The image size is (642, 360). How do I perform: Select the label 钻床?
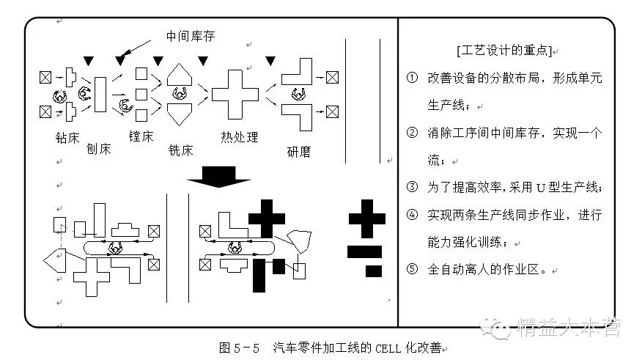(x=67, y=137)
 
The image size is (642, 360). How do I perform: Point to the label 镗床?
(x=141, y=136)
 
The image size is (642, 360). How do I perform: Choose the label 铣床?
(x=181, y=150)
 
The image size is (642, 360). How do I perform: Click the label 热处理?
(x=239, y=137)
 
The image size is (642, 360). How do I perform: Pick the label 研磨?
(x=299, y=152)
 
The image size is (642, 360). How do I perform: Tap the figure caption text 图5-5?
(x=240, y=347)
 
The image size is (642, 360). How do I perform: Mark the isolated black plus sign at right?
(x=366, y=218)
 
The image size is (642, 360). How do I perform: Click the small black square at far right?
(x=374, y=271)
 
